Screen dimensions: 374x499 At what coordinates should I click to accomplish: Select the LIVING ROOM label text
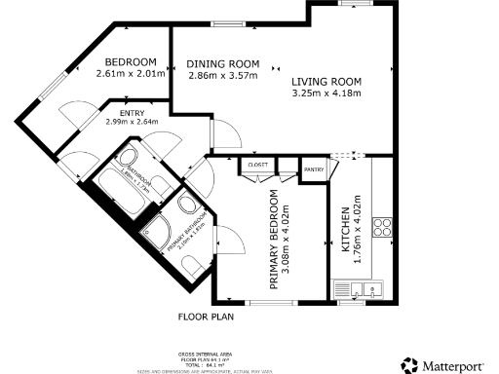326,81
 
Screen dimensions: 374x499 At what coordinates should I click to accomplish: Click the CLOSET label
258,166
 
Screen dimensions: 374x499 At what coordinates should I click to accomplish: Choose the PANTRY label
314,170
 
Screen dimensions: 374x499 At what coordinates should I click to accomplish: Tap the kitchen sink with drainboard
362,288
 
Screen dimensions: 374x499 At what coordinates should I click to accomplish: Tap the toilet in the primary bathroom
194,264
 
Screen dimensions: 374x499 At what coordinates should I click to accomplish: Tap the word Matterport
455,365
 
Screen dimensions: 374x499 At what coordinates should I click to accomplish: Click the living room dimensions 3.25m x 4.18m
326,93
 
